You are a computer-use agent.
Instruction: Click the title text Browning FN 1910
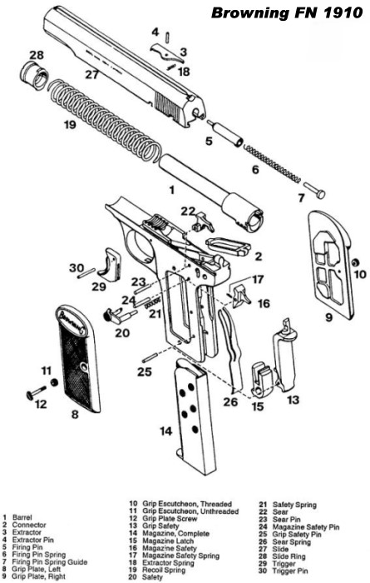(x=287, y=13)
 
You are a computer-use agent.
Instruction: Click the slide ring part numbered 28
(x=34, y=76)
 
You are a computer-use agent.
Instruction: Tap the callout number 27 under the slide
(x=91, y=74)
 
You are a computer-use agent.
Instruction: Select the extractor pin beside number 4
(x=169, y=37)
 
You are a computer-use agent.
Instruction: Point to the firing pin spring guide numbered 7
(x=314, y=190)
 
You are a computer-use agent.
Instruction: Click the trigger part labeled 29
(x=110, y=264)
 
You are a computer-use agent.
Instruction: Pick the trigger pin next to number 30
(x=86, y=275)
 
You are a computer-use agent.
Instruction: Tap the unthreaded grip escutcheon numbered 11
(x=54, y=381)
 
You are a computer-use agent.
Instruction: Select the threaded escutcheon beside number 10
(x=355, y=262)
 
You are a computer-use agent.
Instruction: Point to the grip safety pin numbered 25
(x=152, y=358)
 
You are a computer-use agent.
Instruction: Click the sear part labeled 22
(x=203, y=222)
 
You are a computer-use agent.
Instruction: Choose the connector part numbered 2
(x=226, y=247)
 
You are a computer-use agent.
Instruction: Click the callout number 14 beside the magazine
(x=165, y=431)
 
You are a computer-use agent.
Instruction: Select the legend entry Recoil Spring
(x=164, y=570)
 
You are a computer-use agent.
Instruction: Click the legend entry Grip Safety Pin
(x=297, y=535)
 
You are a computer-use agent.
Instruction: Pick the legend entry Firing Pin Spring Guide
(x=50, y=562)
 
